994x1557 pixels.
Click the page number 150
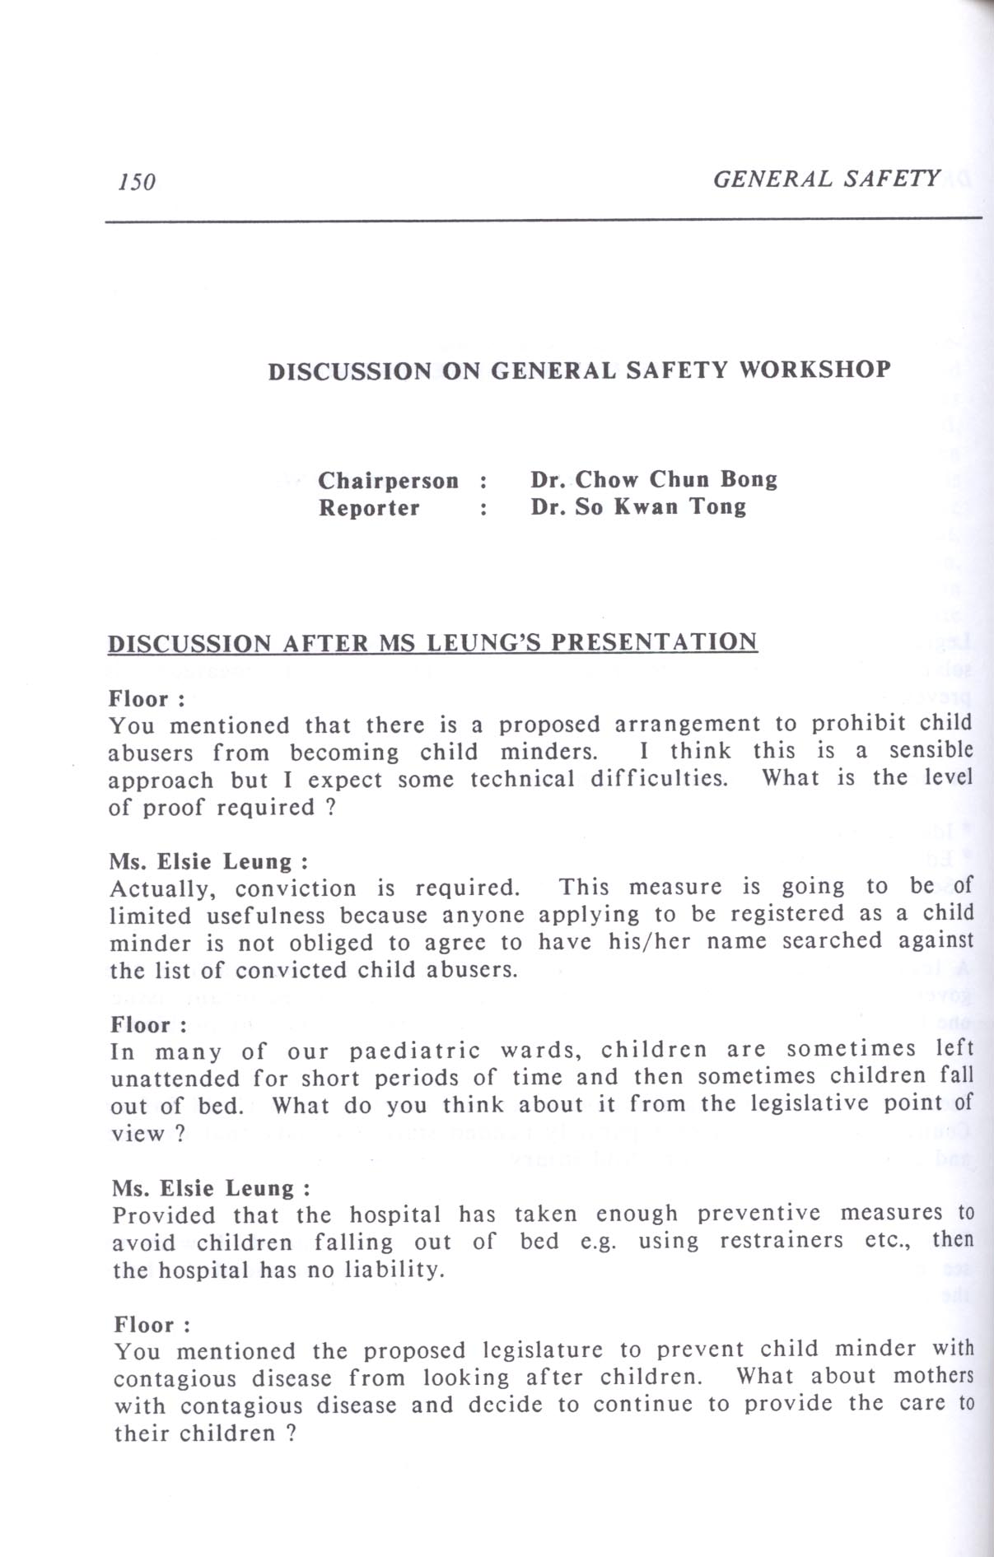137,182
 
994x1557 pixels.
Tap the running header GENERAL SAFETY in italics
826,179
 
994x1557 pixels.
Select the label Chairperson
388,480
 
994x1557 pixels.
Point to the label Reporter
369,507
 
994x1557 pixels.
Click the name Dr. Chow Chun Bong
653,479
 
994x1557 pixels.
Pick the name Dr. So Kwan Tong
638,506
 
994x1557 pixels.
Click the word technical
521,779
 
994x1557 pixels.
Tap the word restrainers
782,1241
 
